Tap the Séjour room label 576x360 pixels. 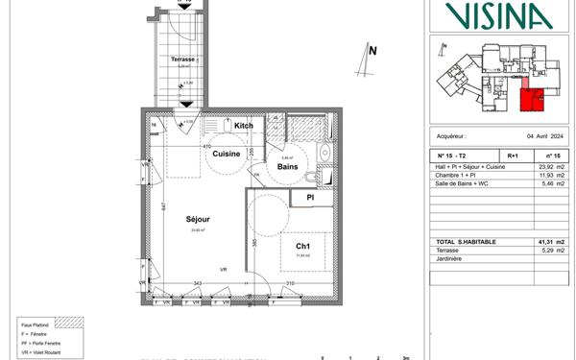pyautogui.click(x=199, y=219)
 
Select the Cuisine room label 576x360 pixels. pyautogui.click(x=226, y=154)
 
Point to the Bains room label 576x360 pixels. pyautogui.click(x=287, y=166)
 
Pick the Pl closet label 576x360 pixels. pyautogui.click(x=309, y=199)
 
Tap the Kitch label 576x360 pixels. pyautogui.click(x=244, y=126)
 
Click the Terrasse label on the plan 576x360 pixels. pyautogui.click(x=182, y=59)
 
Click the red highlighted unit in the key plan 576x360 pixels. pyautogui.click(x=532, y=98)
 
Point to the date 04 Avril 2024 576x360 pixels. pyautogui.click(x=534, y=136)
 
